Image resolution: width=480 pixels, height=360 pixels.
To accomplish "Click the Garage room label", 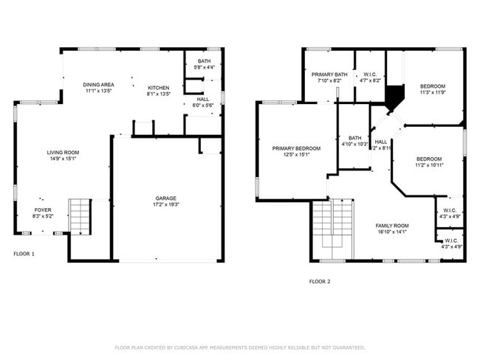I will pyautogui.click(x=165, y=198).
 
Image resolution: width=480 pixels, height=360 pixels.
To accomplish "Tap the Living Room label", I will pyautogui.click(x=64, y=152).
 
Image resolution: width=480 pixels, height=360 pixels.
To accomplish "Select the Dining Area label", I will pyautogui.click(x=97, y=85).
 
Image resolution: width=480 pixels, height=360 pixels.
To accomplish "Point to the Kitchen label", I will pyautogui.click(x=159, y=88).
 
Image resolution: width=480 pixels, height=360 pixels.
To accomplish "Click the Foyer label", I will pyautogui.click(x=42, y=210).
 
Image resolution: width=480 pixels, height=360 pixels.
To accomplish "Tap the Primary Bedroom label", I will pyautogui.click(x=295, y=148).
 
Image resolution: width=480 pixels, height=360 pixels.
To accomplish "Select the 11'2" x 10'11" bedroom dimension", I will pyautogui.click(x=428, y=166).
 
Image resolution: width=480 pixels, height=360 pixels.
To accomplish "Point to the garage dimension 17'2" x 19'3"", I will pyautogui.click(x=165, y=204).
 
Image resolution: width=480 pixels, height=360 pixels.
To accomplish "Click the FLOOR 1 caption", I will pyautogui.click(x=24, y=254).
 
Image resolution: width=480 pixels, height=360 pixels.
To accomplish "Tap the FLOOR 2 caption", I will pyautogui.click(x=320, y=281).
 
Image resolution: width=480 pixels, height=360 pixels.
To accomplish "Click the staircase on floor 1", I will pyautogui.click(x=78, y=216).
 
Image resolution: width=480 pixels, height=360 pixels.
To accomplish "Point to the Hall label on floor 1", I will pyautogui.click(x=202, y=99).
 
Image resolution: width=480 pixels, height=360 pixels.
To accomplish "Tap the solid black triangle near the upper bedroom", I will pyautogui.click(x=396, y=95).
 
